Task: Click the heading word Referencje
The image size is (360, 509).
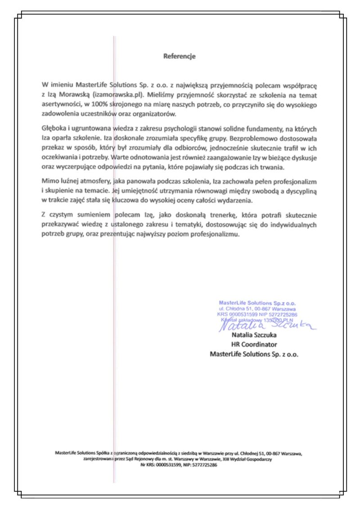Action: point(179,57)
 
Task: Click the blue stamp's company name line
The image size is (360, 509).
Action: point(257,304)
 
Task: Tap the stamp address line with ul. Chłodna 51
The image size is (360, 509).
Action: point(257,309)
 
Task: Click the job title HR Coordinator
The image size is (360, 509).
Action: point(254,345)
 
